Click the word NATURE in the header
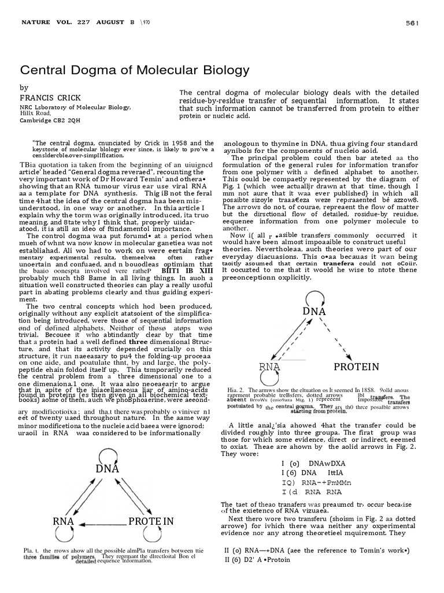35,22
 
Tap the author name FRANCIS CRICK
51,97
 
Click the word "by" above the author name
24,87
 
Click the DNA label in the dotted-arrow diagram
314,312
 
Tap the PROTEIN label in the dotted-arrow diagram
357,367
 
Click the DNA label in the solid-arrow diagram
107,468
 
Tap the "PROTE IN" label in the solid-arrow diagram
151,522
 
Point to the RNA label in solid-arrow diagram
64,522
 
